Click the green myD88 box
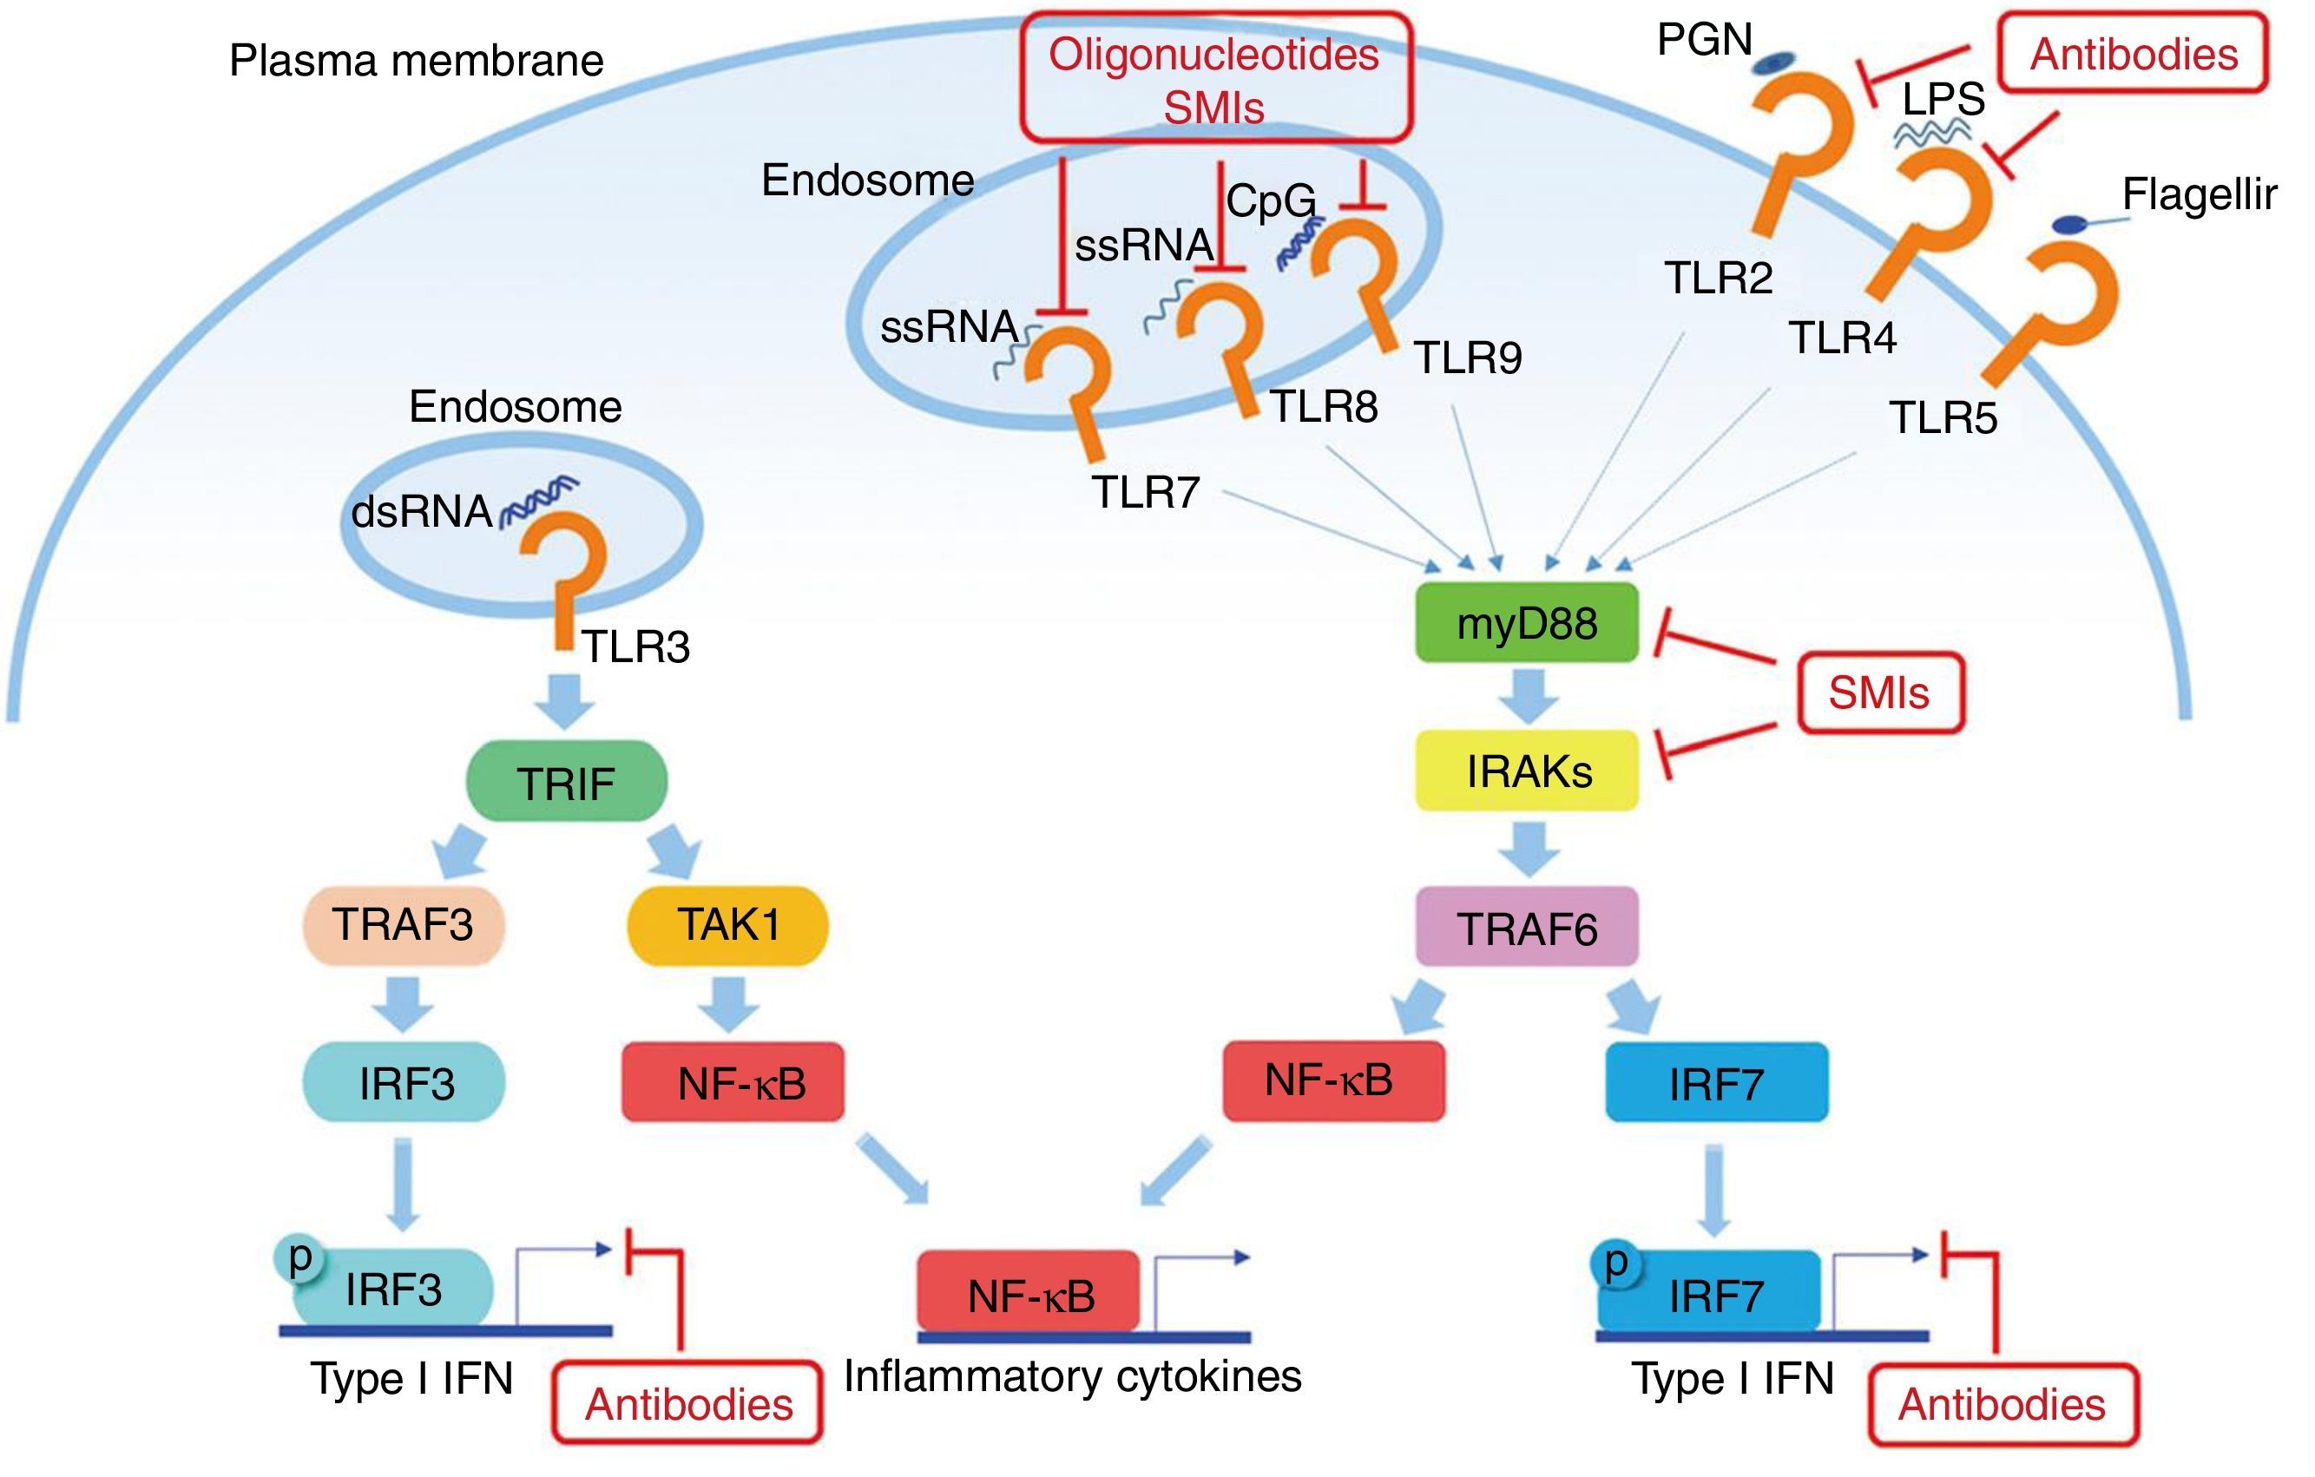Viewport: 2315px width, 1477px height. [1527, 623]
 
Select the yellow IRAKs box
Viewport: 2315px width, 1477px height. [1528, 771]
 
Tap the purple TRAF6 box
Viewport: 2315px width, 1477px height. [1527, 928]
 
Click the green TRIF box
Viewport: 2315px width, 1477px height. [566, 781]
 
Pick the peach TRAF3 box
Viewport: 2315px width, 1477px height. [404, 924]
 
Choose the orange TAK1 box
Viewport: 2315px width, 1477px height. [727, 924]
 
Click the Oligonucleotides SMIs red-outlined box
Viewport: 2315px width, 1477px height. [1215, 79]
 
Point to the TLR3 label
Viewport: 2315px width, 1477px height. [635, 647]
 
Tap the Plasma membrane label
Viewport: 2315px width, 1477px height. [417, 61]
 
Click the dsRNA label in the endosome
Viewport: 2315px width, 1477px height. [421, 511]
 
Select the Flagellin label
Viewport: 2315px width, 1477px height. [2199, 195]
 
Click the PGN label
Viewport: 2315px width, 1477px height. [1705, 41]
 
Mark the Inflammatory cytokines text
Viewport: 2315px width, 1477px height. [1072, 1376]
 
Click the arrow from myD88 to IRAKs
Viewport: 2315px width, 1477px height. [1529, 696]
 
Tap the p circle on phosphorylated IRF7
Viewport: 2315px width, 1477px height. [1616, 1262]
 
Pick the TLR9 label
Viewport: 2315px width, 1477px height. [1468, 358]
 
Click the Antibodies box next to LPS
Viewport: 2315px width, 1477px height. [2134, 55]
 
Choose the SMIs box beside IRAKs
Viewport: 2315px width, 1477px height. [1879, 693]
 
